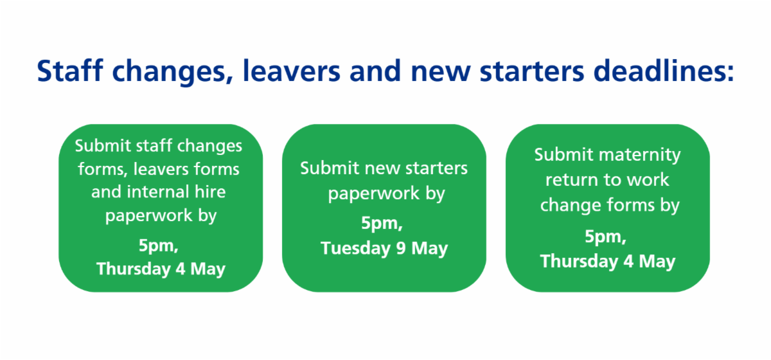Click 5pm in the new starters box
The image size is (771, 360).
click(382, 224)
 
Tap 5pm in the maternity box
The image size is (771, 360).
click(605, 237)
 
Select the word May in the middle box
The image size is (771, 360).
click(430, 248)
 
